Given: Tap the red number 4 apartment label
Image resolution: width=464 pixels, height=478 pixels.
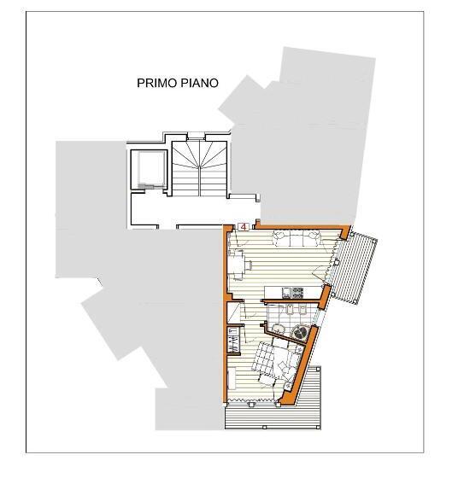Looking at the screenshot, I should pyautogui.click(x=244, y=227).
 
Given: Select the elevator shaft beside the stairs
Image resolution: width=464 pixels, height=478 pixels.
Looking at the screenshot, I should pyautogui.click(x=147, y=168).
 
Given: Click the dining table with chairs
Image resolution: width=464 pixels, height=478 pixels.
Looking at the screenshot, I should pyautogui.click(x=238, y=263).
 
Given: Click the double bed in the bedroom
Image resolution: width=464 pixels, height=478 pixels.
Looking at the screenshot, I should pyautogui.click(x=273, y=361).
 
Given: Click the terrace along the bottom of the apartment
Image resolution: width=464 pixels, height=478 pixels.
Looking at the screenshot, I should pyautogui.click(x=273, y=415).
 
